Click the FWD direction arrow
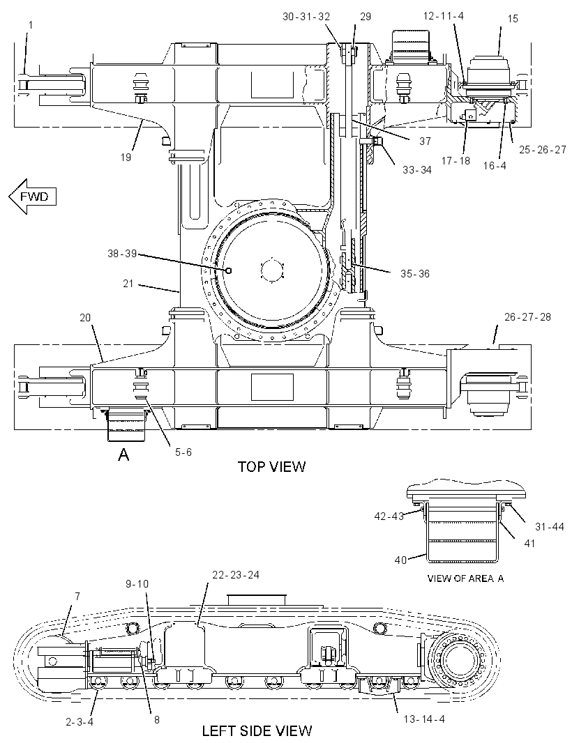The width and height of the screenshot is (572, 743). point(32,196)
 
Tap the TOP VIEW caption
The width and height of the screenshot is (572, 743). point(271,466)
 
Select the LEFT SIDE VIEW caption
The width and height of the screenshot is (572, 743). point(257,730)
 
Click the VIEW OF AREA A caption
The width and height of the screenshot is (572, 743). point(465,578)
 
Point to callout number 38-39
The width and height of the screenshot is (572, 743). point(122,254)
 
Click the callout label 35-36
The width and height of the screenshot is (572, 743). point(415,274)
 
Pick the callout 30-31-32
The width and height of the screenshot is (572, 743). point(306,17)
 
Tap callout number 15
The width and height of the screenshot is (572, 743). point(513,19)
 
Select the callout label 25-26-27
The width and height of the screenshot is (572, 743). point(543,150)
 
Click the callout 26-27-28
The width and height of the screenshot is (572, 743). point(527,316)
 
